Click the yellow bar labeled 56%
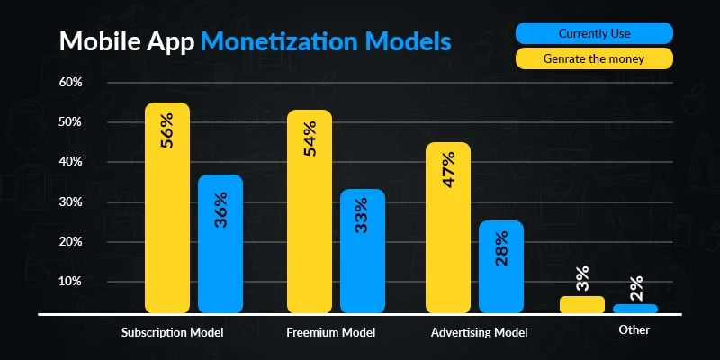point(167,207)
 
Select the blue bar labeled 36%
point(220,243)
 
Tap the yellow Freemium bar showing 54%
point(310,211)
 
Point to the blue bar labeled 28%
point(501,266)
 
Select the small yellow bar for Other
point(581,305)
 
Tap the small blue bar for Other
point(634,309)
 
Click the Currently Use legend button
point(594,34)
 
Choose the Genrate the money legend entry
point(594,59)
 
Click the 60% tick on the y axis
point(70,82)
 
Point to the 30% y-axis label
point(70,202)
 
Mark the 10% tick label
point(70,281)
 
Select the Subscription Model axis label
point(172,332)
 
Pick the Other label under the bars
point(634,330)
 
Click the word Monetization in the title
point(301,41)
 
